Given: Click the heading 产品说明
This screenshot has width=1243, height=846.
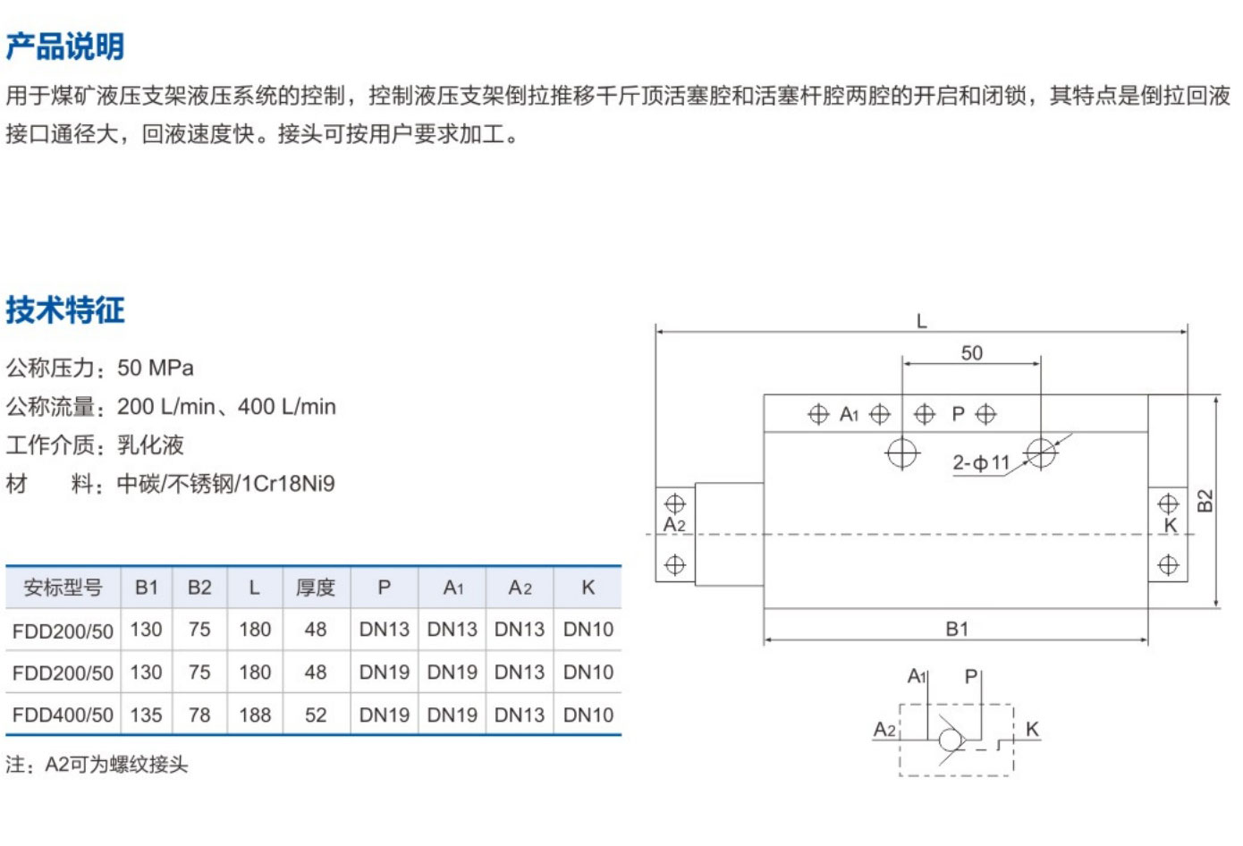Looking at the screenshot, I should click(x=64, y=47).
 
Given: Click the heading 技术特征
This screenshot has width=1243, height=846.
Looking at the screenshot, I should click(x=64, y=310).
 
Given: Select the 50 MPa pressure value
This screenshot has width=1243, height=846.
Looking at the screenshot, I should click(x=156, y=368).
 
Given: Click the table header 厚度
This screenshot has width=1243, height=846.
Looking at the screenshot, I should click(x=316, y=588).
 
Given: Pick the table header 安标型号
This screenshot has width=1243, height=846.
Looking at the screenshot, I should click(x=63, y=588).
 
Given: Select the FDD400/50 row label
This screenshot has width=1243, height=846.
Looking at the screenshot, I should click(x=63, y=715).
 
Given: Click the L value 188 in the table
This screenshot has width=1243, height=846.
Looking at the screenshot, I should click(x=255, y=715).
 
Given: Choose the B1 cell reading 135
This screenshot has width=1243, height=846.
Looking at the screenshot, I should click(x=146, y=715).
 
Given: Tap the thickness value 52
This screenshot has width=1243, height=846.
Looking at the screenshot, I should click(x=316, y=715).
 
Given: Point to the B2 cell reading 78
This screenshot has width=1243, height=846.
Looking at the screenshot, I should click(x=199, y=715).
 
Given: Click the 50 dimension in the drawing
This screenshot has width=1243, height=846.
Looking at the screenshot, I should click(x=972, y=353).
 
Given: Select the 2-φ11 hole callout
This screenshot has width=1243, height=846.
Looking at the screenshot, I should click(x=980, y=463).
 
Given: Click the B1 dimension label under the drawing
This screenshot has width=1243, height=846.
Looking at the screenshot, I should click(x=957, y=629).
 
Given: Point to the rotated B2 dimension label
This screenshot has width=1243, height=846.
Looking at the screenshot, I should click(x=1205, y=501).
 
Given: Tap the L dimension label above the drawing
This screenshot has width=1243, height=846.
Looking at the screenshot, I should click(x=921, y=321).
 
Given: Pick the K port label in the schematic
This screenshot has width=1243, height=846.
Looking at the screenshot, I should click(x=1032, y=729).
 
